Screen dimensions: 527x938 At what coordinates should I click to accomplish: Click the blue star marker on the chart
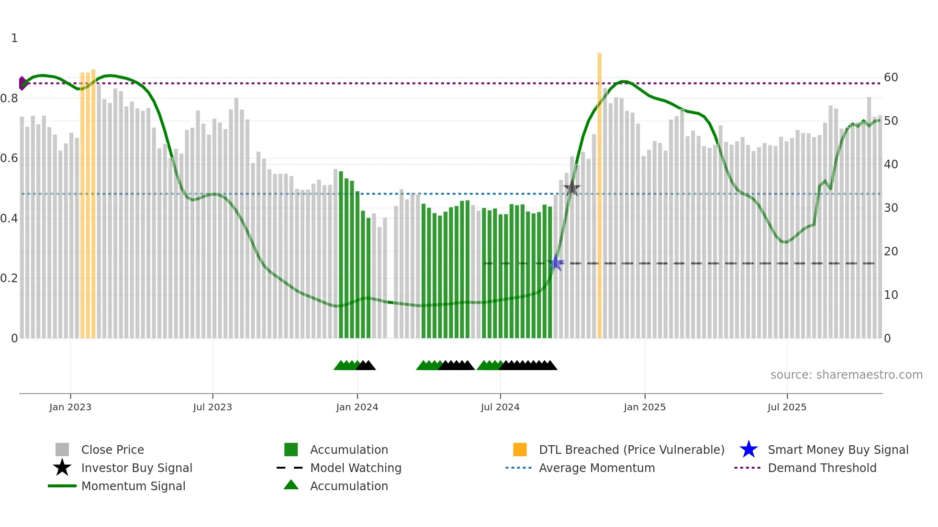coord(556,263)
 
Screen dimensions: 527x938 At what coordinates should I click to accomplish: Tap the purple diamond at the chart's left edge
coord(22,83)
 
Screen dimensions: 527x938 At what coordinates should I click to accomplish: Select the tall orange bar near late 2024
coord(599,191)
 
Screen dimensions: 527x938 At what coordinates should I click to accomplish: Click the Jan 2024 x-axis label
coord(357,407)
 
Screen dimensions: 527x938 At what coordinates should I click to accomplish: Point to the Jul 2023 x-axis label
coord(212,407)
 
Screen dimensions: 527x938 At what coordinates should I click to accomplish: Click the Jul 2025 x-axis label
coord(787,407)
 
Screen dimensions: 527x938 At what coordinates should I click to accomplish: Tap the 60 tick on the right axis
coord(891,77)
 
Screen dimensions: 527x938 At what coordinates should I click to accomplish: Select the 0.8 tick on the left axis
coord(9,99)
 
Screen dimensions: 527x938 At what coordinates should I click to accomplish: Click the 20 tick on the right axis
coord(891,252)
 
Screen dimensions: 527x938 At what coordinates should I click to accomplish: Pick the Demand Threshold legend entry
coord(822,468)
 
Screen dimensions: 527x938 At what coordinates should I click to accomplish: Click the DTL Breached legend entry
coord(631,450)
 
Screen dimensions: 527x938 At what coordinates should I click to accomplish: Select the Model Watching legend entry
coord(355,468)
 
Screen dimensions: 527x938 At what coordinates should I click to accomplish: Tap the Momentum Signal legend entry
coord(133,486)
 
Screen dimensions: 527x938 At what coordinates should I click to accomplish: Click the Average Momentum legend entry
coord(596,468)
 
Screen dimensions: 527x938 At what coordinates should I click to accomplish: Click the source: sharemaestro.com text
coord(846,375)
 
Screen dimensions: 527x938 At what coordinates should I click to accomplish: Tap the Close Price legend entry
coord(112,450)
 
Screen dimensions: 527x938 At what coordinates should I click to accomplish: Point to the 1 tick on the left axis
coord(14,38)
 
